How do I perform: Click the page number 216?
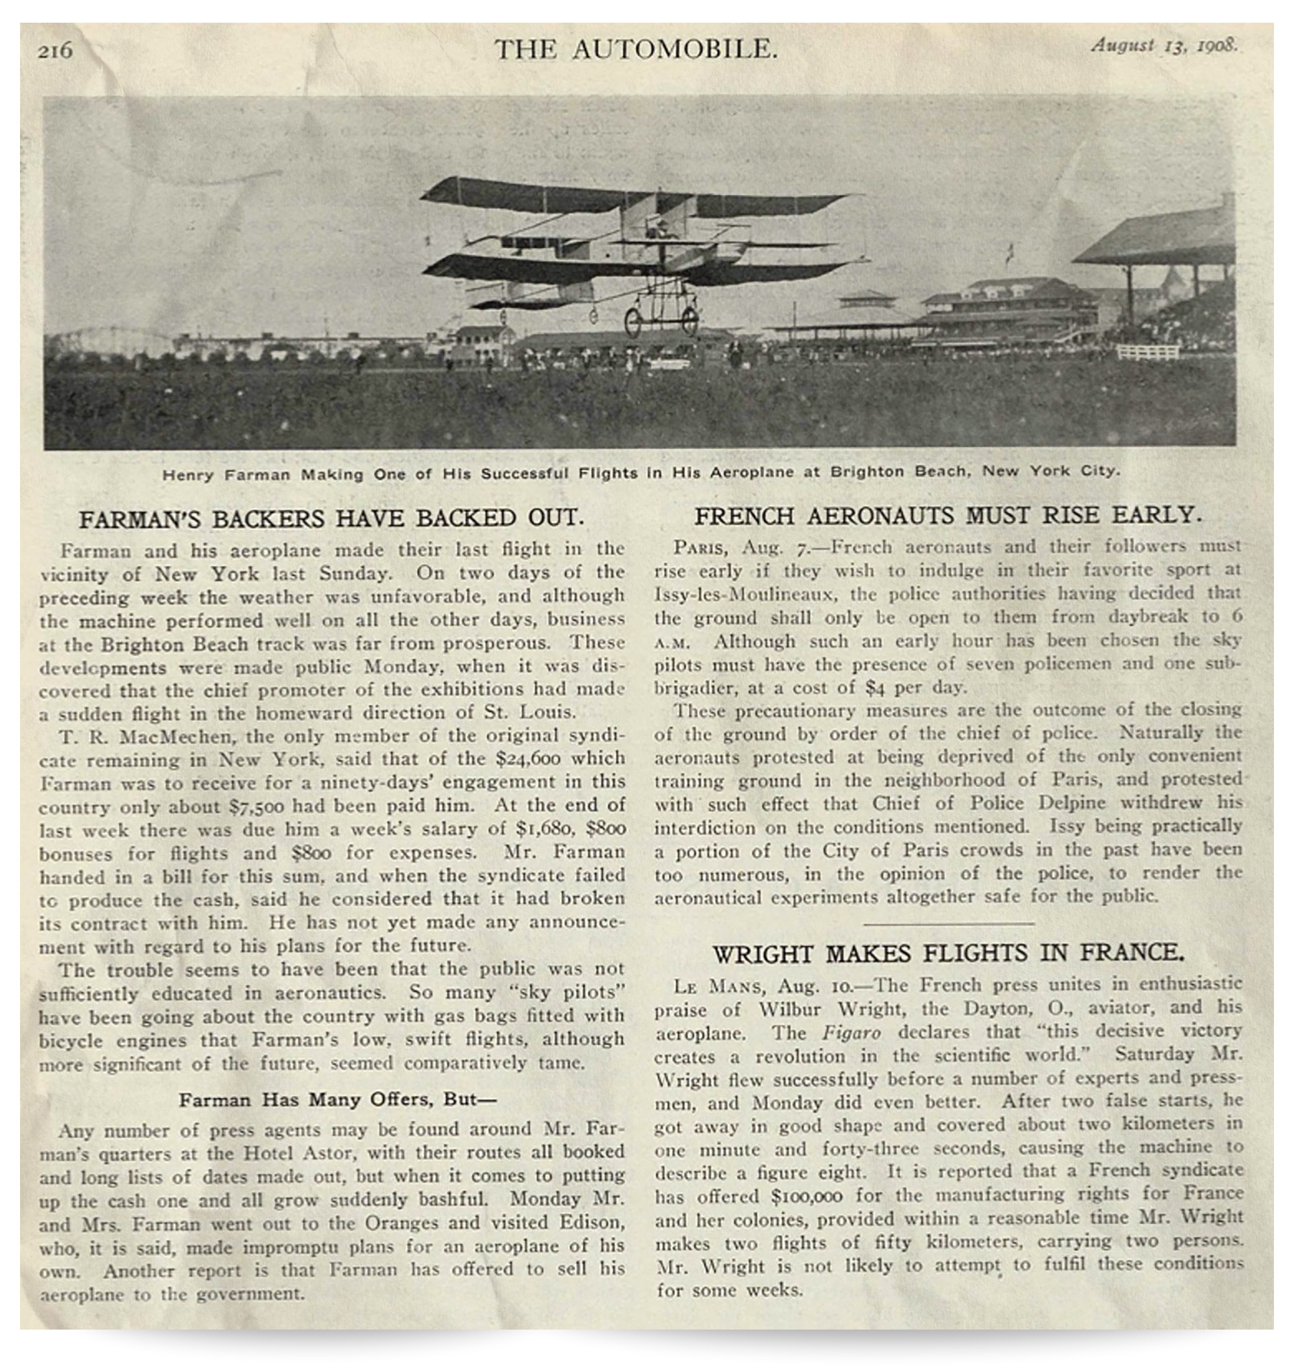point(55,51)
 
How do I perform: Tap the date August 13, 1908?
point(1164,45)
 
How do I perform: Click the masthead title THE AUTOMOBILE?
point(636,50)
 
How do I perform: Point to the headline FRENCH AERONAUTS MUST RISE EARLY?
point(948,516)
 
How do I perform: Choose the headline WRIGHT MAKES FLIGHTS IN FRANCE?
point(948,954)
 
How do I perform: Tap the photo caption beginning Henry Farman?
point(640,473)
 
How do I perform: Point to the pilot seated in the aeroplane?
point(654,226)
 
